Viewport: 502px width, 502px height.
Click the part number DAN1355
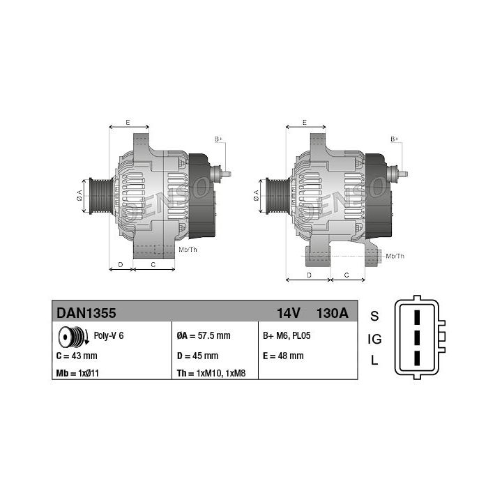[x=86, y=313]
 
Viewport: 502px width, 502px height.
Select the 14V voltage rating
[x=289, y=313]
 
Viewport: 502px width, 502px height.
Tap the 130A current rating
[x=333, y=313]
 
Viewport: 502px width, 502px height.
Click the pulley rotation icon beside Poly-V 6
[x=73, y=337]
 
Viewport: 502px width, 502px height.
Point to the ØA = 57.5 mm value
[x=204, y=335]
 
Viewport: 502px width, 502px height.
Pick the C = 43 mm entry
[x=77, y=356]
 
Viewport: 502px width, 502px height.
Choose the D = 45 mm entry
[x=197, y=356]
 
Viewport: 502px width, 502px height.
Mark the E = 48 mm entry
[x=283, y=356]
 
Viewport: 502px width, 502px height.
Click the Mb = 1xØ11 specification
[x=77, y=373]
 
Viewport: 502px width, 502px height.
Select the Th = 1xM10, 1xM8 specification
[x=211, y=373]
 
